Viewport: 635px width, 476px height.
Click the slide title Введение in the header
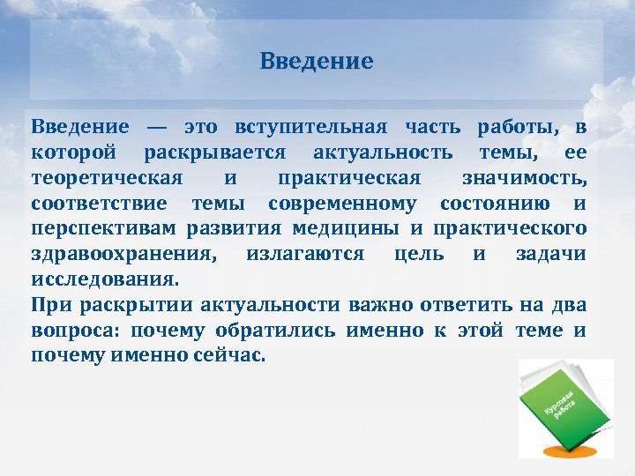click(317, 62)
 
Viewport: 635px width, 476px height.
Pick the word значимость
click(524, 179)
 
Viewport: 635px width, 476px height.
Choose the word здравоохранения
click(123, 255)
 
